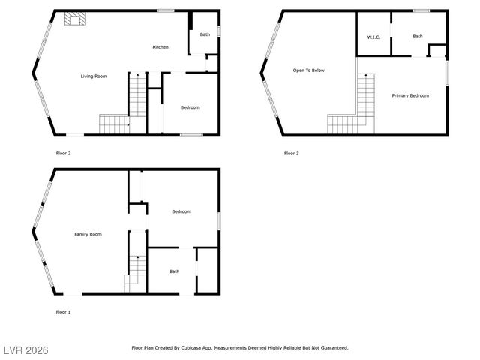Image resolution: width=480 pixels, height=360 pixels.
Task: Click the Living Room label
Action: [94, 76]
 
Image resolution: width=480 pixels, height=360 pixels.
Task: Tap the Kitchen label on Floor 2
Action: [160, 47]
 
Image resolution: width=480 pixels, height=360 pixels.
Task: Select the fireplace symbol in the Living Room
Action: [73, 19]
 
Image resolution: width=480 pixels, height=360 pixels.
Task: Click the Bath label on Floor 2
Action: [205, 34]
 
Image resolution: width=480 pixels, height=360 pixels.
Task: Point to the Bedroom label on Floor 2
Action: [190, 107]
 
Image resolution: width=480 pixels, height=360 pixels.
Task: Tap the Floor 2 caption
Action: [64, 154]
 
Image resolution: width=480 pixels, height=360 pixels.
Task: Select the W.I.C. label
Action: [373, 37]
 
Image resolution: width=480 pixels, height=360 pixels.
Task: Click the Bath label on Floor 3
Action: [418, 36]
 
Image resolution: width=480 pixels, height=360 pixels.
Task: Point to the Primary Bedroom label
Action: [410, 95]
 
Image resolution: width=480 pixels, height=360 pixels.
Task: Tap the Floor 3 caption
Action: [291, 154]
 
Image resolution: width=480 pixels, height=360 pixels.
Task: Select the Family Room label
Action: [88, 234]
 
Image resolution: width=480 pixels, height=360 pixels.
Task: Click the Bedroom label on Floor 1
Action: [181, 211]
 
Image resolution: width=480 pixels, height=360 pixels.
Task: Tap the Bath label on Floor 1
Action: [174, 271]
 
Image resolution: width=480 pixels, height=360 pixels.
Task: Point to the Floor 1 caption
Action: [63, 311]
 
